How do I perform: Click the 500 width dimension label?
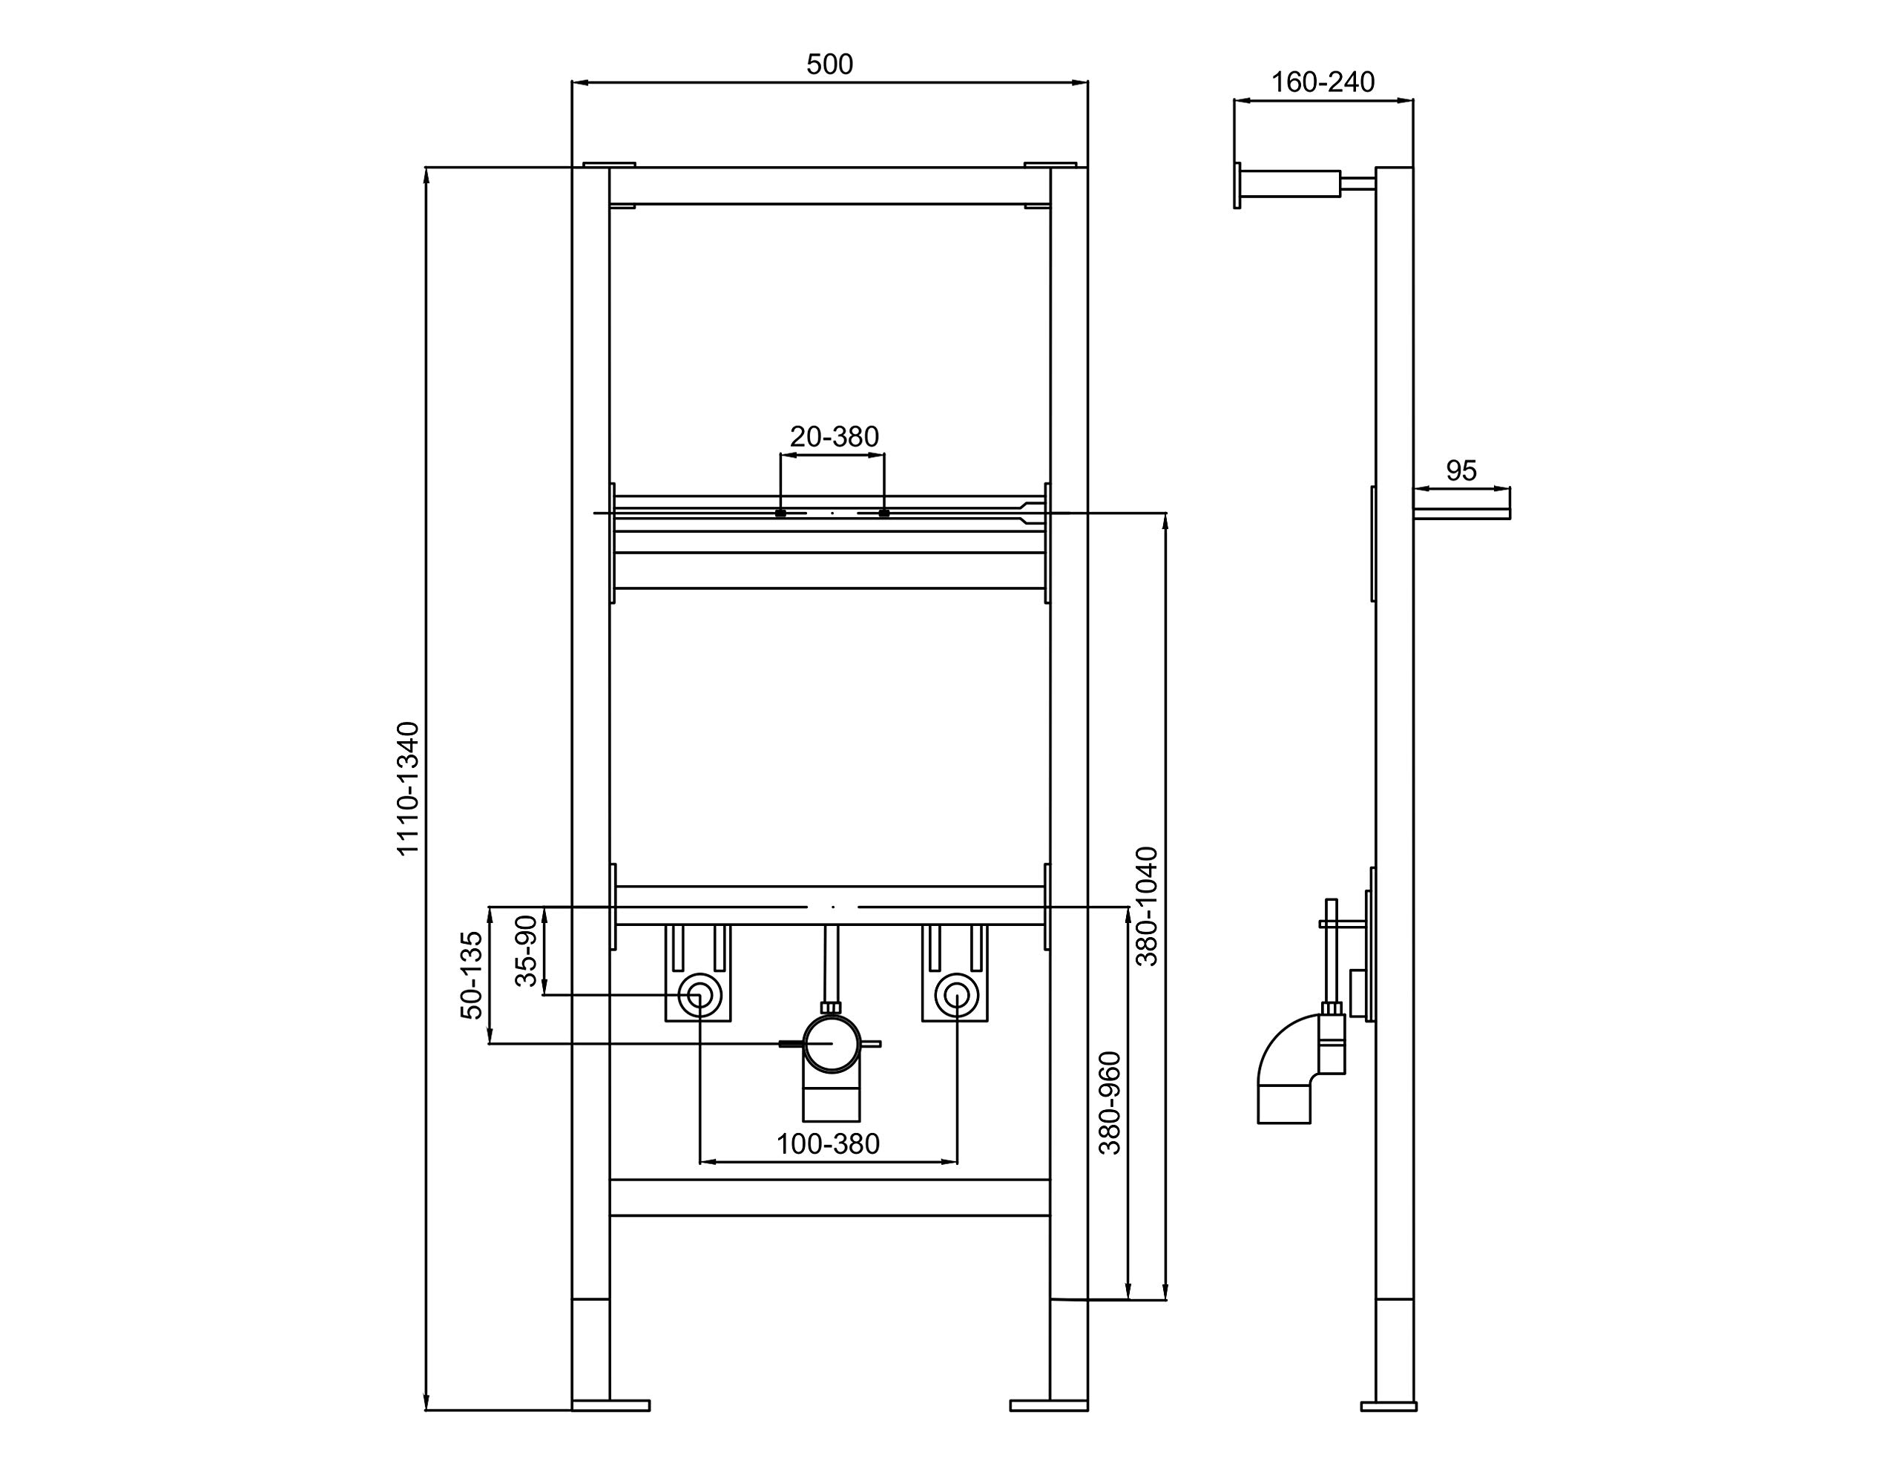829,65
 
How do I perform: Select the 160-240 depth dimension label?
1323,82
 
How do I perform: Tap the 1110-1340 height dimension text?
408,789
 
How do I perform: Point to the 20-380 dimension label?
834,437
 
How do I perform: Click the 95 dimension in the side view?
1461,470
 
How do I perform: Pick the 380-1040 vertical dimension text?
1147,907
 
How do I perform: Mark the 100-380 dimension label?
828,1144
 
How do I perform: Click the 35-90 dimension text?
526,950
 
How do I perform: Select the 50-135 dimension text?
470,975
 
